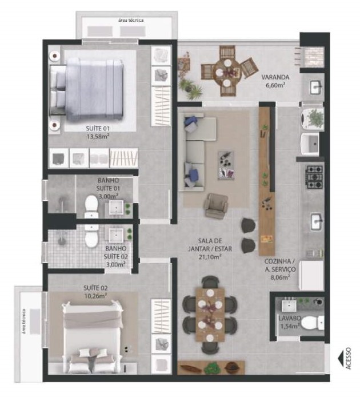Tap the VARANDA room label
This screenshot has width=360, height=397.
[x=275, y=77]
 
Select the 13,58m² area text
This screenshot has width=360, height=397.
[x=98, y=137]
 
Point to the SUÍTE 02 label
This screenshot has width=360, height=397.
[x=95, y=288]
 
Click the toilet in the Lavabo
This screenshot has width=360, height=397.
[x=313, y=323]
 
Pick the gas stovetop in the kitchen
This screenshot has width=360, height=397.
[x=315, y=177]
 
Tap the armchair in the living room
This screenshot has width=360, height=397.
[x=217, y=205]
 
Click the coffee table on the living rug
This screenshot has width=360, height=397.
[x=226, y=165]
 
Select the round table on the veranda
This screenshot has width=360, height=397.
[x=227, y=72]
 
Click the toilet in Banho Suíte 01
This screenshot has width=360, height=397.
[x=91, y=206]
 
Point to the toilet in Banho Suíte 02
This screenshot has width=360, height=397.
[x=91, y=236]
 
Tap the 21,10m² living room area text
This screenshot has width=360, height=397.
[x=210, y=257]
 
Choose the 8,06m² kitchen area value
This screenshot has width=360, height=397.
[x=280, y=277]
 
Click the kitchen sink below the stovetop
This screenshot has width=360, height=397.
[x=317, y=221]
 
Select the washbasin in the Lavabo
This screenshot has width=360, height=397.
[x=289, y=306]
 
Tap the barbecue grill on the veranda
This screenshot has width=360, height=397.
[x=314, y=57]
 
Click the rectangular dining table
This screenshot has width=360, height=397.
[x=210, y=315]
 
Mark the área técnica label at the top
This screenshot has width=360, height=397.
[x=131, y=20]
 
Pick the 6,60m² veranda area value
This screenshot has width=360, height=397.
[x=275, y=85]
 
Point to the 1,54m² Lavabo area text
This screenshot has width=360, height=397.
[x=289, y=326]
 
